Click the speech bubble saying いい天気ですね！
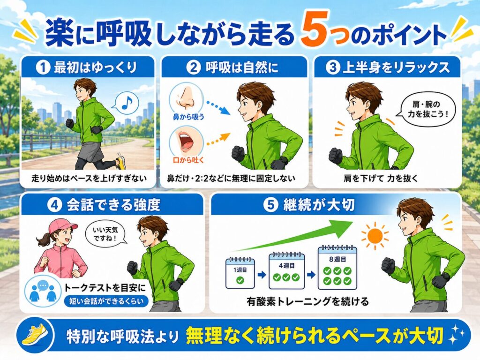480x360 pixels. click(105, 234)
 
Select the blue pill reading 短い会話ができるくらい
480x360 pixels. click(106, 301)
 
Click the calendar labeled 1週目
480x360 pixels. click(240, 273)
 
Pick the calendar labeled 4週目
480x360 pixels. click(286, 270)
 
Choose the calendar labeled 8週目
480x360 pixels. click(337, 267)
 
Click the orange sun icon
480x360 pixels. click(375, 236)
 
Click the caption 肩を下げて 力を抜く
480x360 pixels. click(381, 178)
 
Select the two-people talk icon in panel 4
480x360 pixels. click(42, 291)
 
